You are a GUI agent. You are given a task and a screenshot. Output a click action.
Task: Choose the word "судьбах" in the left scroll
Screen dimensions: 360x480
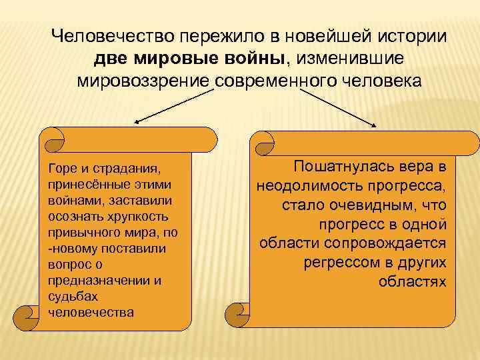[x=71, y=297]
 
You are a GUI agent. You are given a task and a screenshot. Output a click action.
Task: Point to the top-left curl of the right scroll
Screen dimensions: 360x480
[x=262, y=139]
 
